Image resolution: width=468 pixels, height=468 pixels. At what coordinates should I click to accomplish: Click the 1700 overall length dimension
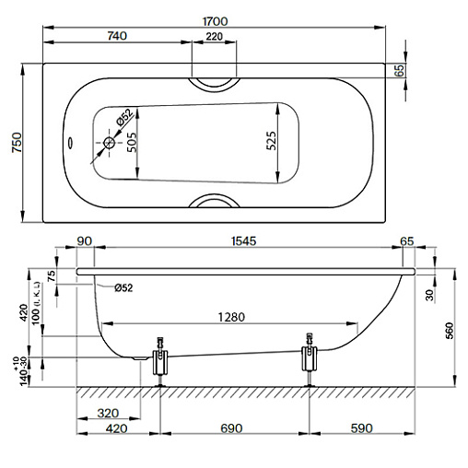pyautogui.click(x=216, y=21)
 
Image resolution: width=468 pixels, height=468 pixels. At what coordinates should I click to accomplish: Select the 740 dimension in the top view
pyautogui.click(x=117, y=36)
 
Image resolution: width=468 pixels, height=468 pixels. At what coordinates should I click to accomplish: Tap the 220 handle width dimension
pyautogui.click(x=214, y=36)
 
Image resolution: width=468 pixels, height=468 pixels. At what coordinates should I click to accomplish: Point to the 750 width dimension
pyautogui.click(x=17, y=143)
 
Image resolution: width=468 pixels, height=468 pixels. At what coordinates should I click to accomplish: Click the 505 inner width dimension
pyautogui.click(x=132, y=142)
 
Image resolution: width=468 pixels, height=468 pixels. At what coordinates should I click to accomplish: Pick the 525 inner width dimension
pyautogui.click(x=271, y=141)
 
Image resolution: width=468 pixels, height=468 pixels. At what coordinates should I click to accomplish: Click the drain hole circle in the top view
pyautogui.click(x=109, y=143)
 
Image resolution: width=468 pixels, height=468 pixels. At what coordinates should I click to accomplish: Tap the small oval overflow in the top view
pyautogui.click(x=70, y=143)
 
